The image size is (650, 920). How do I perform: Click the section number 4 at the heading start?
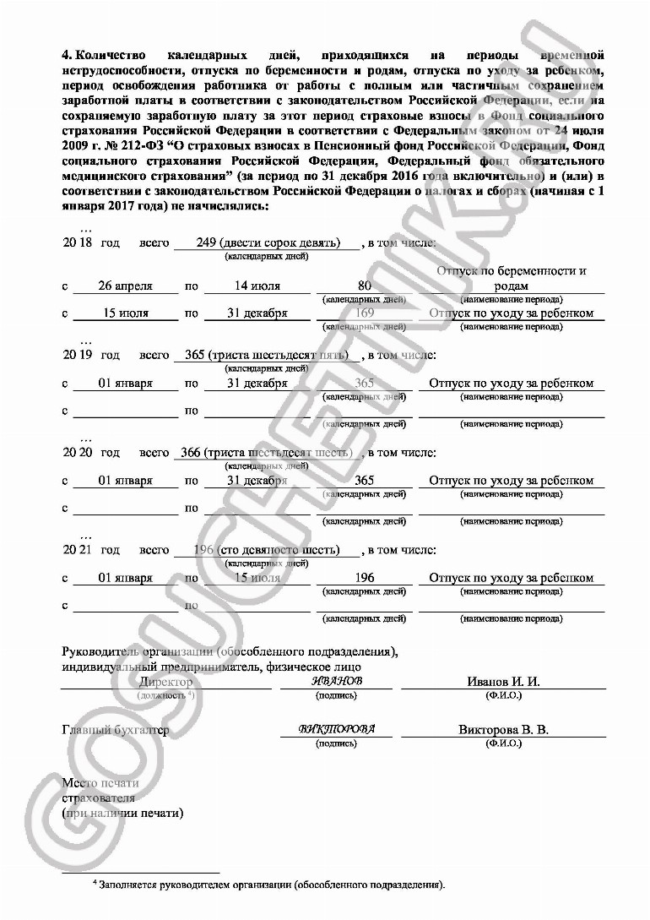[68, 54]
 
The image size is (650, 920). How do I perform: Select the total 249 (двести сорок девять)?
[268, 242]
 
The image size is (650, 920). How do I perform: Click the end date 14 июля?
[257, 286]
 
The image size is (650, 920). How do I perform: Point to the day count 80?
[365, 286]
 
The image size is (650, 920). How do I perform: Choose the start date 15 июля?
[126, 313]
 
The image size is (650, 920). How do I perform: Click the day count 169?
[365, 313]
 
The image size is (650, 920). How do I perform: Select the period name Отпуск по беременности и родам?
[512, 279]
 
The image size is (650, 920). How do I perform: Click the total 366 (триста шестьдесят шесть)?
[266, 453]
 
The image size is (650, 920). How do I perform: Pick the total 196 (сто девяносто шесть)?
[267, 551]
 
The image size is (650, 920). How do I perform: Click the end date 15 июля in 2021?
[257, 579]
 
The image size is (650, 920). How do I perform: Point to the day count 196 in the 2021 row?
[365, 579]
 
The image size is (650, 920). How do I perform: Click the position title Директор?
[166, 682]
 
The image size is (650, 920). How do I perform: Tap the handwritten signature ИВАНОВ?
[336, 681]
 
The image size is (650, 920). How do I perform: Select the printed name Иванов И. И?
[503, 682]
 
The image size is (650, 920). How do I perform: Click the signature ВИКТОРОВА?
[336, 729]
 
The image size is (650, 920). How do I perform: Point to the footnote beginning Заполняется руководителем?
[270, 885]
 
